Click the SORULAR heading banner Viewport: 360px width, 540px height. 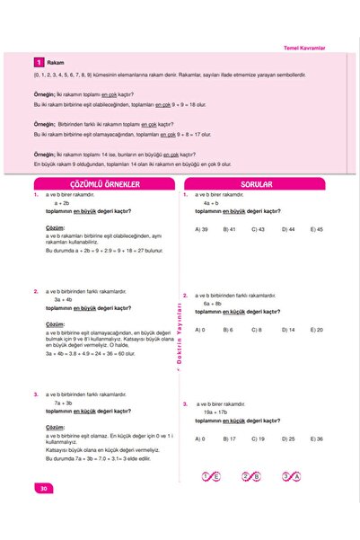coord(256,184)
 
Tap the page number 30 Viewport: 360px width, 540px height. coord(42,487)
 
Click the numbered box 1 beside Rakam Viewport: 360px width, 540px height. coord(39,63)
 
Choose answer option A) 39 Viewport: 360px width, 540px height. coord(201,229)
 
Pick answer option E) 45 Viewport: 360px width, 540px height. coord(315,229)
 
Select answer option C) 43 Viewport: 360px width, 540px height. coord(258,229)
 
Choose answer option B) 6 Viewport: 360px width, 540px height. coord(229,330)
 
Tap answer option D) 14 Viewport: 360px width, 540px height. coord(287,330)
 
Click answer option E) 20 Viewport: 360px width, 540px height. coord(316,330)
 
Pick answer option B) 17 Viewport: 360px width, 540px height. coord(229,438)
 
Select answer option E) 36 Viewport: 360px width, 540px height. coord(316,438)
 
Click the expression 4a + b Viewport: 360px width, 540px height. coord(212,203)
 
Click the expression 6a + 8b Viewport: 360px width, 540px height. coord(212,303)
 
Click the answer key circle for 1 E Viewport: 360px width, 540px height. coord(213,475)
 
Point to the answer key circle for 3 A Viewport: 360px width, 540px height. coord(290,475)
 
